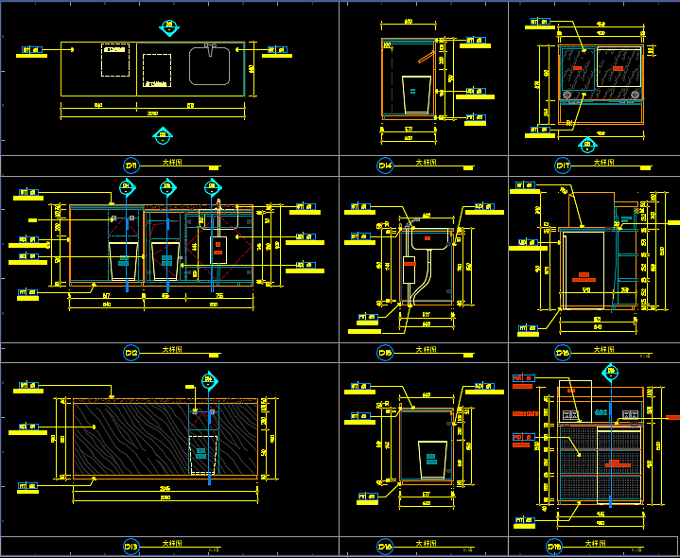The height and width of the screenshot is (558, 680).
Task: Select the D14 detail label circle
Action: [x=385, y=166]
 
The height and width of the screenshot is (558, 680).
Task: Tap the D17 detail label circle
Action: [x=563, y=166]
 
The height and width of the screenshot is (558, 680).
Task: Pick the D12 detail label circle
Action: [x=131, y=354]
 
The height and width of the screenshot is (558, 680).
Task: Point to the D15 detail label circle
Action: [x=385, y=354]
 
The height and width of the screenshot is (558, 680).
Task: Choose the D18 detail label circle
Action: [x=563, y=354]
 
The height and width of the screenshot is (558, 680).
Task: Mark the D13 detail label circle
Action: [x=131, y=546]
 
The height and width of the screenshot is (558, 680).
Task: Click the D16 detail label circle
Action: [x=385, y=546]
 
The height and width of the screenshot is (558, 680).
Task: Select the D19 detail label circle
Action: [x=554, y=546]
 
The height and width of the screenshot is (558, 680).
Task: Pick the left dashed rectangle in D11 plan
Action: [x=115, y=60]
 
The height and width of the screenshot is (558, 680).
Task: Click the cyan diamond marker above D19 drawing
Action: [x=611, y=372]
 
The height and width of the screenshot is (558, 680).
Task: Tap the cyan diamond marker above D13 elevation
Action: [x=208, y=381]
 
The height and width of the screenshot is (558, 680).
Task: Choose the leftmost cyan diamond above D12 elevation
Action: [x=127, y=187]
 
